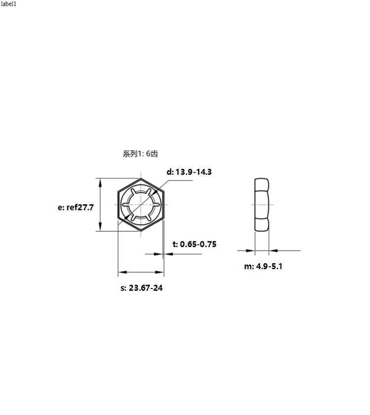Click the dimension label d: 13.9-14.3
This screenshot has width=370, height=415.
189,172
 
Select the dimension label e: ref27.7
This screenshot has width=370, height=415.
75,207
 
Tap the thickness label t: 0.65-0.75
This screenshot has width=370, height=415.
194,244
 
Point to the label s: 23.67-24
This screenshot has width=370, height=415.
142,287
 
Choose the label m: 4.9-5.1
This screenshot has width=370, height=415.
263,266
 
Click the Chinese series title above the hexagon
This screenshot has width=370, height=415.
140,154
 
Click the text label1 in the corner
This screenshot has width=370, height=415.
8,4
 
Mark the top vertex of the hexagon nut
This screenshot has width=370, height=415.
141,179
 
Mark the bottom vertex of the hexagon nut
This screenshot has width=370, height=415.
141,231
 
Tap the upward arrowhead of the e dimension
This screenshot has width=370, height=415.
100,183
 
